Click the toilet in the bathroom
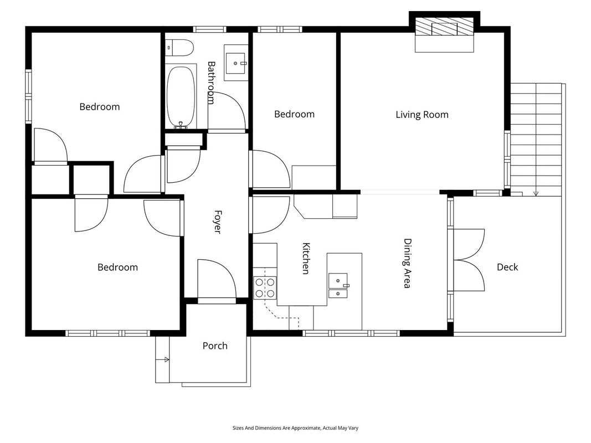(179, 48)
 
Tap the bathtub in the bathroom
(181, 97)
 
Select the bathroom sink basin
(237, 63)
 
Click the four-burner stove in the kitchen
(265, 287)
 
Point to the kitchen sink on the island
(338, 286)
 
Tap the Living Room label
(422, 115)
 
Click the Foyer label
(218, 222)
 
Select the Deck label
(507, 267)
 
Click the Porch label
(215, 346)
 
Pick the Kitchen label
(306, 259)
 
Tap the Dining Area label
(408, 264)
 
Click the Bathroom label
(211, 83)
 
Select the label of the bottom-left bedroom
(117, 267)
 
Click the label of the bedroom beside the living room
(294, 114)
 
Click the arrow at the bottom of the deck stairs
(536, 193)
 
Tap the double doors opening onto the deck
(469, 260)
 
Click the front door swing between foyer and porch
(217, 279)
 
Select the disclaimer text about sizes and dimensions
(296, 428)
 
